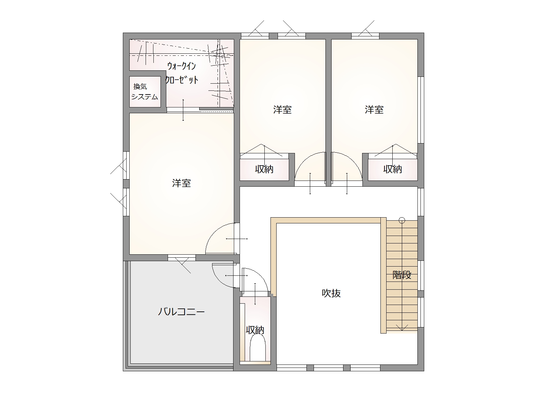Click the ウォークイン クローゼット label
tap(182, 73)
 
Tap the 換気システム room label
tap(145, 92)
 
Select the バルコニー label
tap(181, 312)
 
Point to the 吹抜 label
tap(331, 293)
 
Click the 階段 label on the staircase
tap(402, 275)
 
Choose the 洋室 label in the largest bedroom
tap(181, 183)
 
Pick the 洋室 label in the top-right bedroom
tap(374, 110)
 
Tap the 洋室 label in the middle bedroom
tap(282, 110)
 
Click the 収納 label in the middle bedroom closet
tap(264, 169)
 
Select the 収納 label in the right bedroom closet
tap(392, 169)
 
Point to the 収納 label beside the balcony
tap(255, 330)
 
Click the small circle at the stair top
tap(402, 220)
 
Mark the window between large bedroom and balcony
tap(182, 258)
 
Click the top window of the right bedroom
tap(365, 36)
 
